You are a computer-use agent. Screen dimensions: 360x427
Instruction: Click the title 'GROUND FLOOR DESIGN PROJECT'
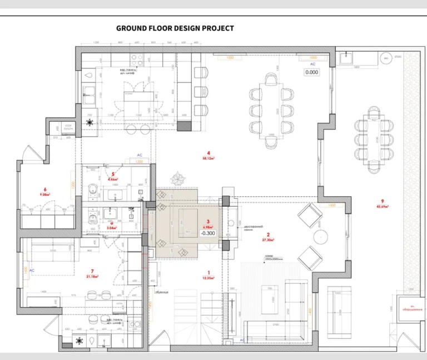point(175,28)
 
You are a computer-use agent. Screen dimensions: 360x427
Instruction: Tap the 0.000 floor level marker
point(311,72)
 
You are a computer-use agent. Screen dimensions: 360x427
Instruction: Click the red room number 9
point(383,201)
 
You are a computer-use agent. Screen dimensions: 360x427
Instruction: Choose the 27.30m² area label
point(269,240)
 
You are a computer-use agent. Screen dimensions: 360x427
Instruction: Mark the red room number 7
point(92,271)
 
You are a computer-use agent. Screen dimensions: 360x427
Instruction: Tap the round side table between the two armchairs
point(321,236)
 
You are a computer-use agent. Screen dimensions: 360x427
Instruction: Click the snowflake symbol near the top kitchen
point(90,121)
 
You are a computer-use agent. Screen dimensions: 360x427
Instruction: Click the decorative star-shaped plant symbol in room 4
point(180,180)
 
